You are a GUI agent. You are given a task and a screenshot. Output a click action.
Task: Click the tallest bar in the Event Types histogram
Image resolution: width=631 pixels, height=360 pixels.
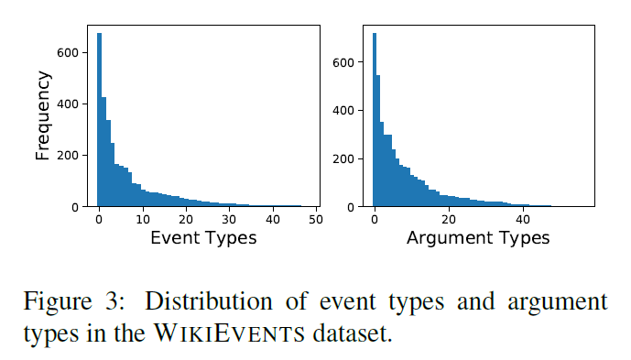99,119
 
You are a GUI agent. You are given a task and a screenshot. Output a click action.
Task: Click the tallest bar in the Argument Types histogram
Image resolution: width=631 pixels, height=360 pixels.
374,119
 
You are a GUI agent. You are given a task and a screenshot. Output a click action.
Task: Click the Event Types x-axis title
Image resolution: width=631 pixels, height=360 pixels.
202,237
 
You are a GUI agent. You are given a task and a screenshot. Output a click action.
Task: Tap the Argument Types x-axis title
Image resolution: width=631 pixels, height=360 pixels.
477,237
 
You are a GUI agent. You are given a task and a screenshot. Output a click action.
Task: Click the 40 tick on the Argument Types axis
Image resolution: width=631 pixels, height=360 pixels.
523,220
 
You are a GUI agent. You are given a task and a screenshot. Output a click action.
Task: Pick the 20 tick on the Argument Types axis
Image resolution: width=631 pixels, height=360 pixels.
449,220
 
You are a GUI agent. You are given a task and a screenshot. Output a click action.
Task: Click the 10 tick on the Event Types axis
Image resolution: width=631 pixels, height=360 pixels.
142,220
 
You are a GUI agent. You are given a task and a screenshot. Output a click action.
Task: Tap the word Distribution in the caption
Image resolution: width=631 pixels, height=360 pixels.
196,301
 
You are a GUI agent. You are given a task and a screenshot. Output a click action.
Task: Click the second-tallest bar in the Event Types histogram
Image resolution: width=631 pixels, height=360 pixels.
103,151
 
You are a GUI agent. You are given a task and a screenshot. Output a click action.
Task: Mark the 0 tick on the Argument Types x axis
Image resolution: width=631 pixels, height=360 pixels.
374,220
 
